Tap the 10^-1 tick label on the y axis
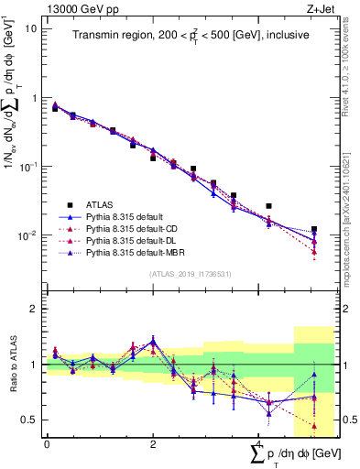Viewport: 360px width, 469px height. pos(27,166)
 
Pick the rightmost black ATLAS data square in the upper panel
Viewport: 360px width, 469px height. pos(314,229)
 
